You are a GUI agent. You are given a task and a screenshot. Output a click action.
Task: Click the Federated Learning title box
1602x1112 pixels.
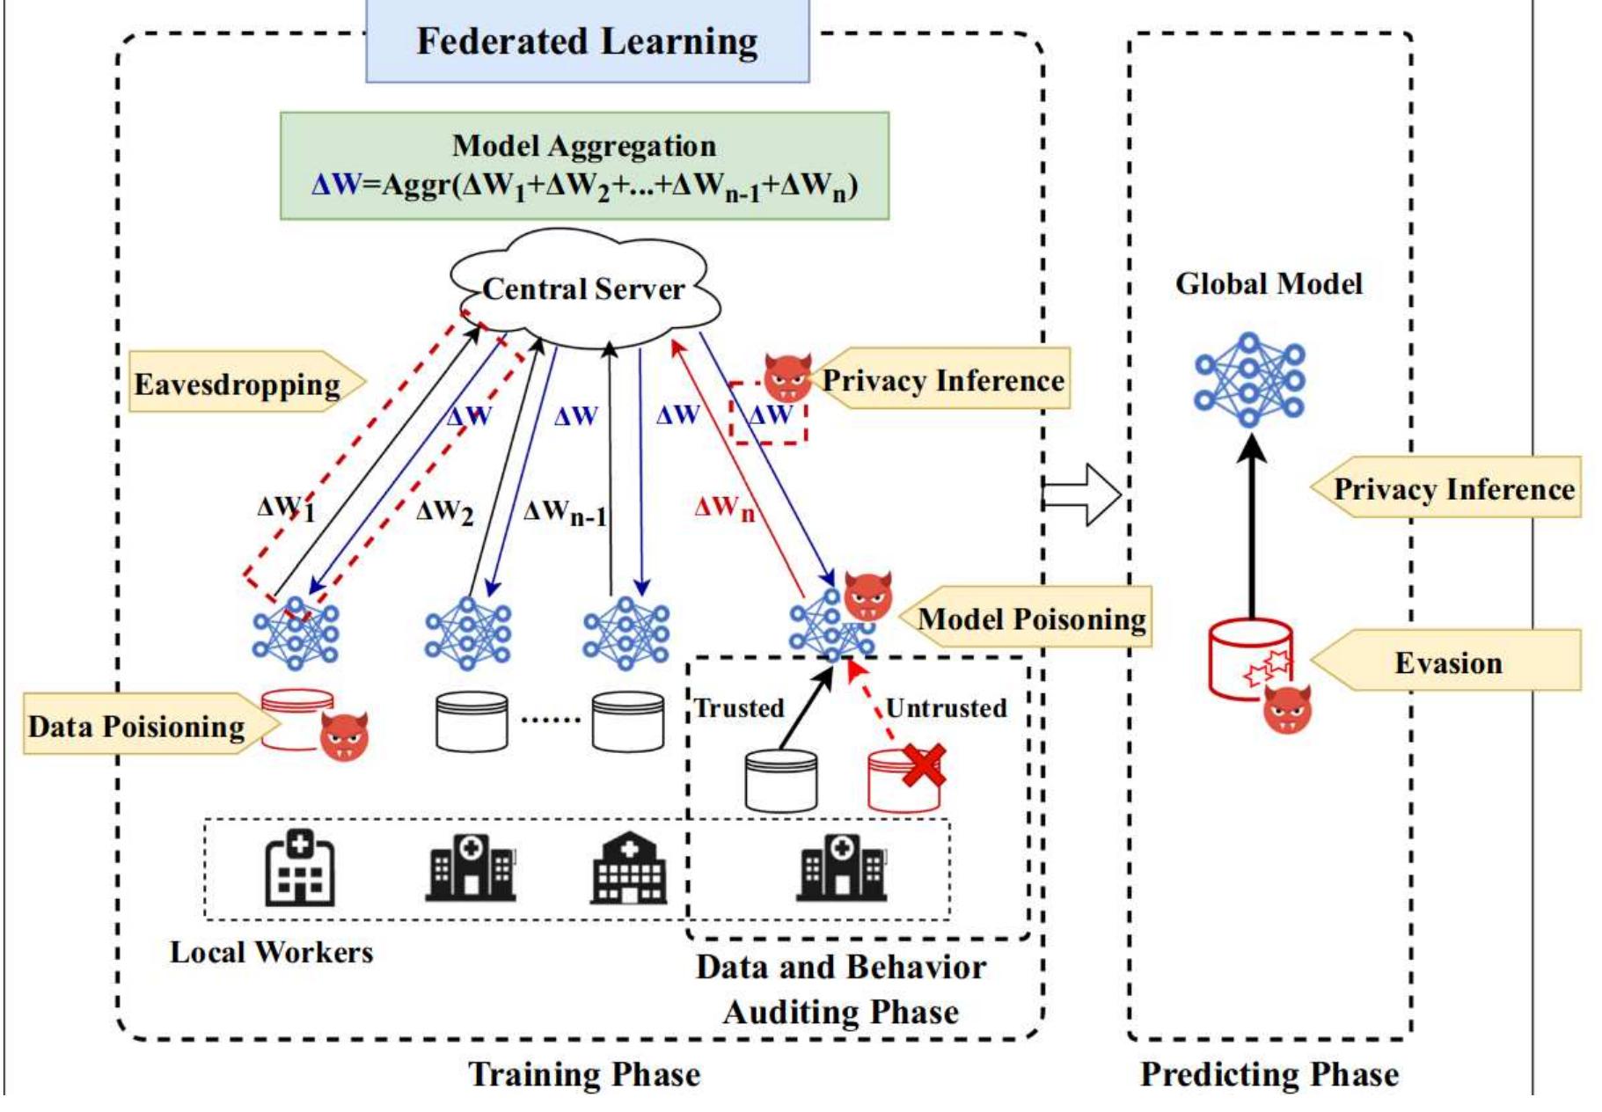tap(587, 40)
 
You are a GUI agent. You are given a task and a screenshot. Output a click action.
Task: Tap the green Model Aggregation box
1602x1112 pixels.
tap(584, 165)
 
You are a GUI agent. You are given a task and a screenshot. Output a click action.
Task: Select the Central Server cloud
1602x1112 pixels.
tap(584, 289)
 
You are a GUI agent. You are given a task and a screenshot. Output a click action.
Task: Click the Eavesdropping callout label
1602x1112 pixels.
tap(238, 384)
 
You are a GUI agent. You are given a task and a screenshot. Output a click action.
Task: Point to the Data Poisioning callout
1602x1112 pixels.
tap(137, 726)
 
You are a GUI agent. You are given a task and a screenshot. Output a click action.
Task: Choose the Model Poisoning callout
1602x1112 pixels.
tap(1031, 618)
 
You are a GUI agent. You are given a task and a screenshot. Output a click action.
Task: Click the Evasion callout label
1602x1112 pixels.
tap(1448, 662)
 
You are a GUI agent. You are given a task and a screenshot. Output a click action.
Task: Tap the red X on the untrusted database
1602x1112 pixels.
tap(923, 765)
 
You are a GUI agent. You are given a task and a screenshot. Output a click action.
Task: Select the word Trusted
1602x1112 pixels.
tap(739, 707)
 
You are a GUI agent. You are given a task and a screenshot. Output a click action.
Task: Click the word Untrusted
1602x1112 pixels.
tap(946, 707)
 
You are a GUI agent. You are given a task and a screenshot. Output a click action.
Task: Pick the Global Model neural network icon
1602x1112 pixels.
tap(1249, 379)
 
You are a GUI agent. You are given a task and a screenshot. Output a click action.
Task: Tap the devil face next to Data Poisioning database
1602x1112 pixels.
tap(344, 736)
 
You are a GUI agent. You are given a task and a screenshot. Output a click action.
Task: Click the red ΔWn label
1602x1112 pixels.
tap(724, 508)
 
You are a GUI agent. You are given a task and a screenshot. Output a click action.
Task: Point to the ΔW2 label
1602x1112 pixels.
tap(444, 511)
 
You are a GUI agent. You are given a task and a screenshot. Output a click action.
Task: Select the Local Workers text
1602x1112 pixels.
tap(271, 952)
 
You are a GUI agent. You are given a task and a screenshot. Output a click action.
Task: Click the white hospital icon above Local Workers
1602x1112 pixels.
tap(299, 870)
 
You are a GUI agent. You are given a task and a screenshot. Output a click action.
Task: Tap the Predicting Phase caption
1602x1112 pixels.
tap(1269, 1074)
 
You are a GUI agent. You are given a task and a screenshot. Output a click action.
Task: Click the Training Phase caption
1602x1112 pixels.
tap(584, 1074)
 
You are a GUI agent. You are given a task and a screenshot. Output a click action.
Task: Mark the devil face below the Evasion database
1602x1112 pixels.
tap(1287, 709)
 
